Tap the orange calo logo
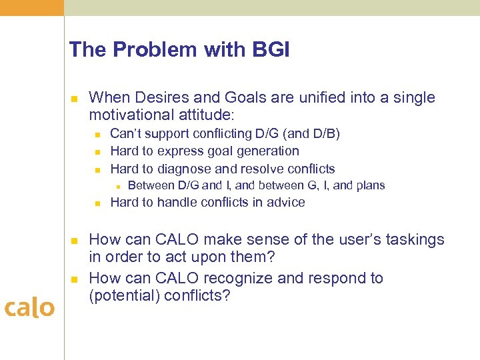point(29,308)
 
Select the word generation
point(265,151)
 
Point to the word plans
point(369,185)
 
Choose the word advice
point(286,203)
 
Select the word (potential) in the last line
point(122,295)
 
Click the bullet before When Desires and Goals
point(75,99)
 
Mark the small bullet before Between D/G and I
point(115,186)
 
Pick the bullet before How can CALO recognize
point(75,278)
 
